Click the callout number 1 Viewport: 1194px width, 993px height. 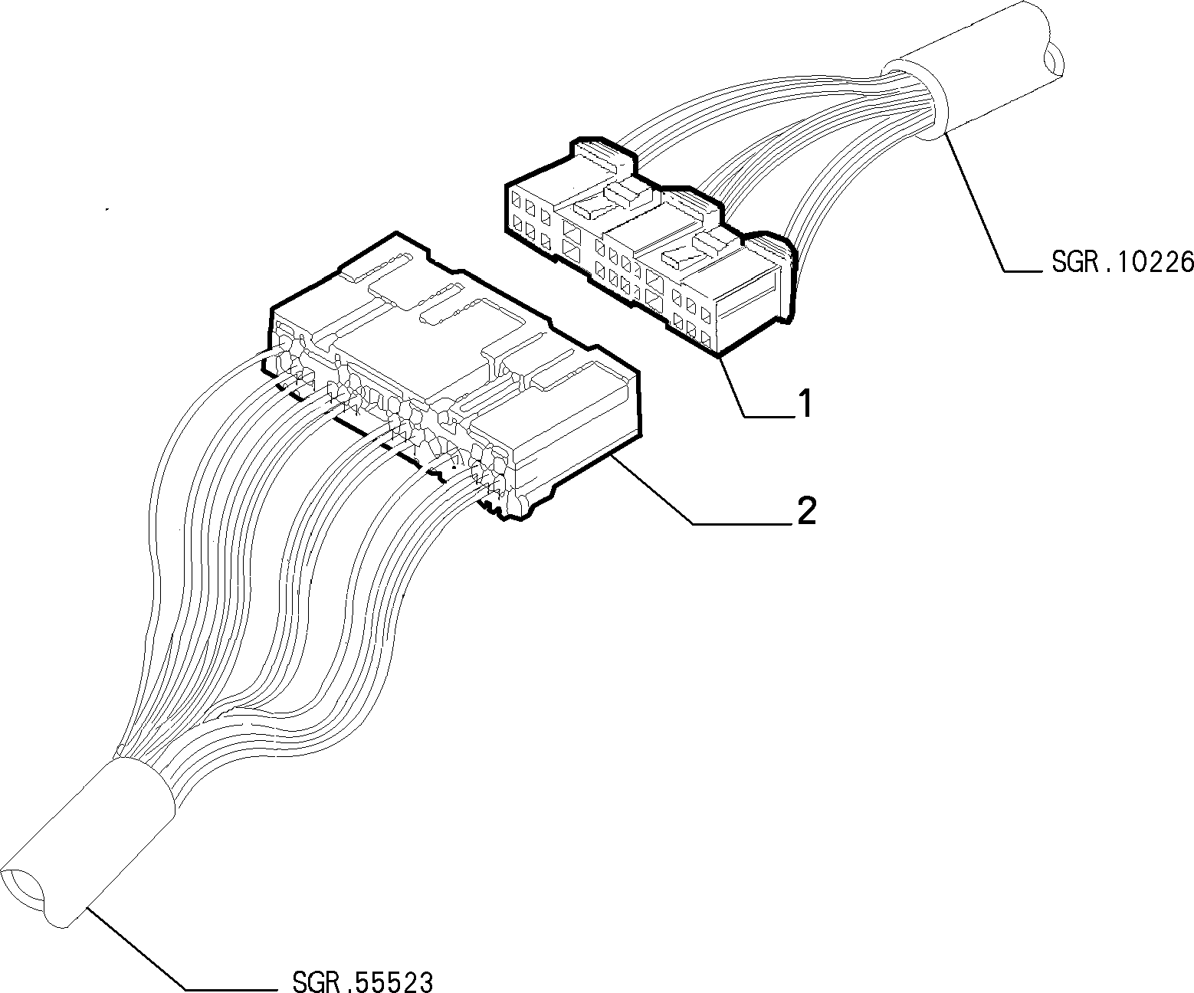pyautogui.click(x=805, y=403)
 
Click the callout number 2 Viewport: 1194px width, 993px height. pyautogui.click(x=806, y=510)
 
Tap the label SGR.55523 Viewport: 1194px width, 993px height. pyautogui.click(x=362, y=981)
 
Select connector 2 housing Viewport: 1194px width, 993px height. pyautogui.click(x=451, y=377)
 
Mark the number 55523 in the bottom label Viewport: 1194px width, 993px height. pyautogui.click(x=394, y=981)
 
